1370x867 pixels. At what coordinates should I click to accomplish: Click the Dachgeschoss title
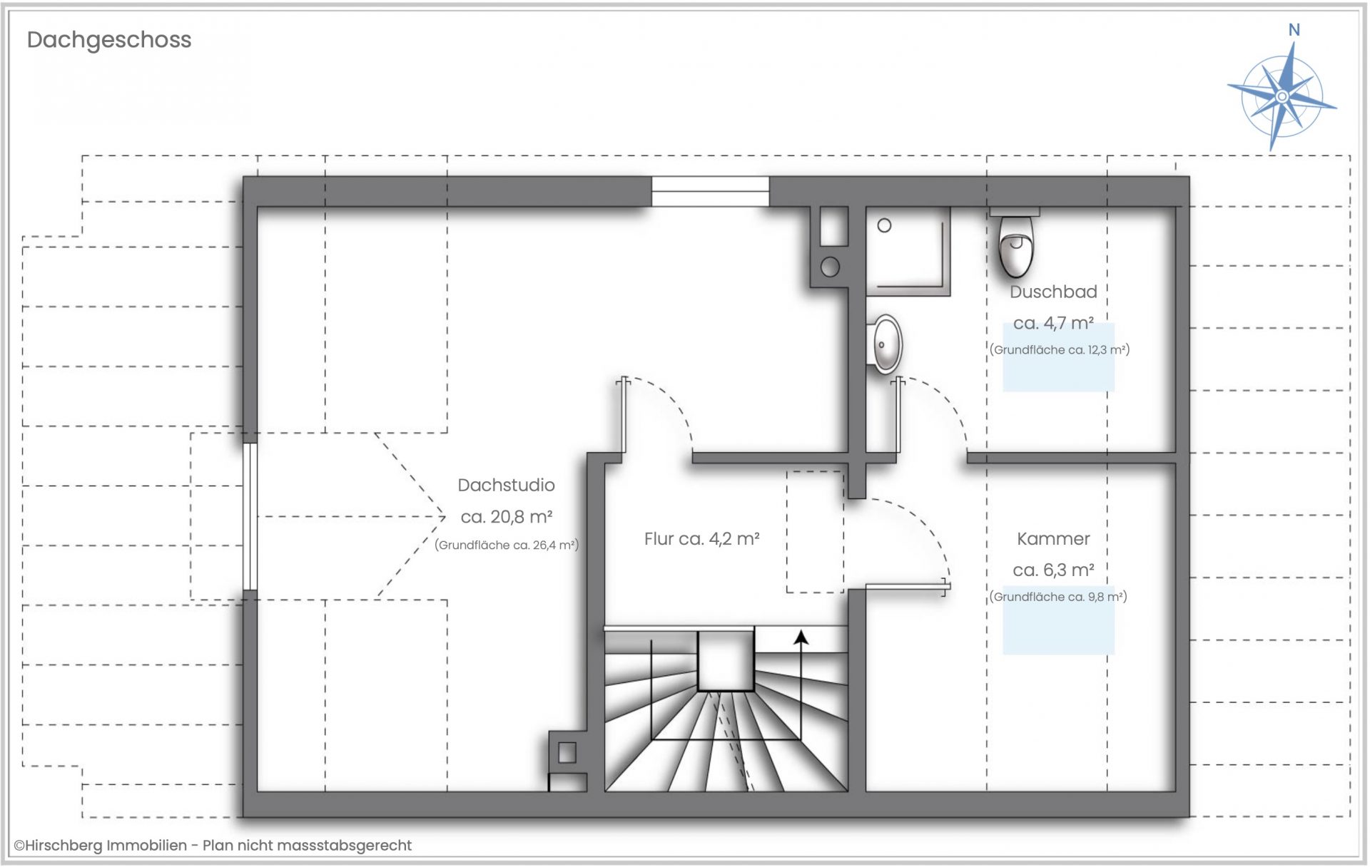coord(109,40)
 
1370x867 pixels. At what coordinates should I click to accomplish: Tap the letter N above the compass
coord(1294,30)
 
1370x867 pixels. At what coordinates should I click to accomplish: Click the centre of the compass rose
coord(1282,96)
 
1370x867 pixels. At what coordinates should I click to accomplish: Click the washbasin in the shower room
coord(886,344)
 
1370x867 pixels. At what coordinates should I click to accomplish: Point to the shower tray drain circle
coord(885,225)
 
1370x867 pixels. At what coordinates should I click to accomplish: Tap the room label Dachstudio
coord(506,485)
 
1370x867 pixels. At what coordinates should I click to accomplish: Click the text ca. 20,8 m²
coord(506,516)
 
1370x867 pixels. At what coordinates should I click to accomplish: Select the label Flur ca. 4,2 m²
coord(701,539)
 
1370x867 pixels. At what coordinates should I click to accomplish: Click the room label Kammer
coord(1053,539)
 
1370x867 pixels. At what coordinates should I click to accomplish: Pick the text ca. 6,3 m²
coord(1053,570)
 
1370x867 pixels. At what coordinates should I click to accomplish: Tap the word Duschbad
coord(1053,292)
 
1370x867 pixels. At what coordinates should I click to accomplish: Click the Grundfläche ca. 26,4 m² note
coord(506,545)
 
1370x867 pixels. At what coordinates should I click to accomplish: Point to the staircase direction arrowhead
coord(801,637)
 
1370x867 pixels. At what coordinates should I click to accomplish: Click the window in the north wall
coord(710,192)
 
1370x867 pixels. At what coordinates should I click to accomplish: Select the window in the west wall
coord(250,516)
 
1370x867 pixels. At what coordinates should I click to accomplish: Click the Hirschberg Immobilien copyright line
coord(213,846)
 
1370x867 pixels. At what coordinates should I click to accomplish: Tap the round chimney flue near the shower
coord(830,267)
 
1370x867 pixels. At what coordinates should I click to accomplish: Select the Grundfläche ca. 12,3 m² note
coord(1060,350)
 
